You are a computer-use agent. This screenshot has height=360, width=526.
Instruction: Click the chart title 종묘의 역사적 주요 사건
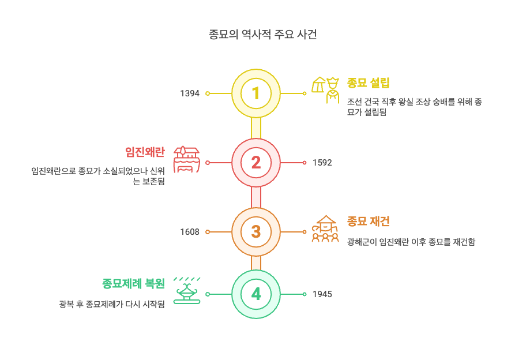point(262,35)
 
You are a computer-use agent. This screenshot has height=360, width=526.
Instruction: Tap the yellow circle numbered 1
point(256,93)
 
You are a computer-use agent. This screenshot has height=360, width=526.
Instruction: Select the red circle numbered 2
point(256,163)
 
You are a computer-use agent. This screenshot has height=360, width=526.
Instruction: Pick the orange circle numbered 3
point(256,232)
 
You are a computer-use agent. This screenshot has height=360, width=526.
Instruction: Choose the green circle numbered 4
point(256,294)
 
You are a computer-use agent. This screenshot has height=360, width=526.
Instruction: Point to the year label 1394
point(190,93)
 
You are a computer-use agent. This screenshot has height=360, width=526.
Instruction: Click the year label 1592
point(322,163)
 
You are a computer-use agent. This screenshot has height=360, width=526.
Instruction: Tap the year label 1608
point(190,232)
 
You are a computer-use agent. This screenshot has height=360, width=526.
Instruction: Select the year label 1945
point(322,294)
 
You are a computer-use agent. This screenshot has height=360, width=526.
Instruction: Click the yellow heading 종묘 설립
point(369,83)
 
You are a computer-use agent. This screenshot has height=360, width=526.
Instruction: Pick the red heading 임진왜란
point(145,152)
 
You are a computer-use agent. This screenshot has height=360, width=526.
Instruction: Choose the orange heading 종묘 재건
point(369,222)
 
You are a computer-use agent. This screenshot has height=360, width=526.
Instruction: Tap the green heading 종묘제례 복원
point(133,284)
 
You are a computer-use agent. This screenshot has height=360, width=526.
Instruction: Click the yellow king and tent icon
point(325,89)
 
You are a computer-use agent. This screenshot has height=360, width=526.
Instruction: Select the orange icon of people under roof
point(325,228)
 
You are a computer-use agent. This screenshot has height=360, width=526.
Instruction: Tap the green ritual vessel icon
point(187,291)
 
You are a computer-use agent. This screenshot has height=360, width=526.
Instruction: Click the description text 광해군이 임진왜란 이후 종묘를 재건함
point(411,242)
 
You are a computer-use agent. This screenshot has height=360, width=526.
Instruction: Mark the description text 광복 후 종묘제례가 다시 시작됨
point(112,304)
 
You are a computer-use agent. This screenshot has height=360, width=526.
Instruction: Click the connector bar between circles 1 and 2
point(256,128)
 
